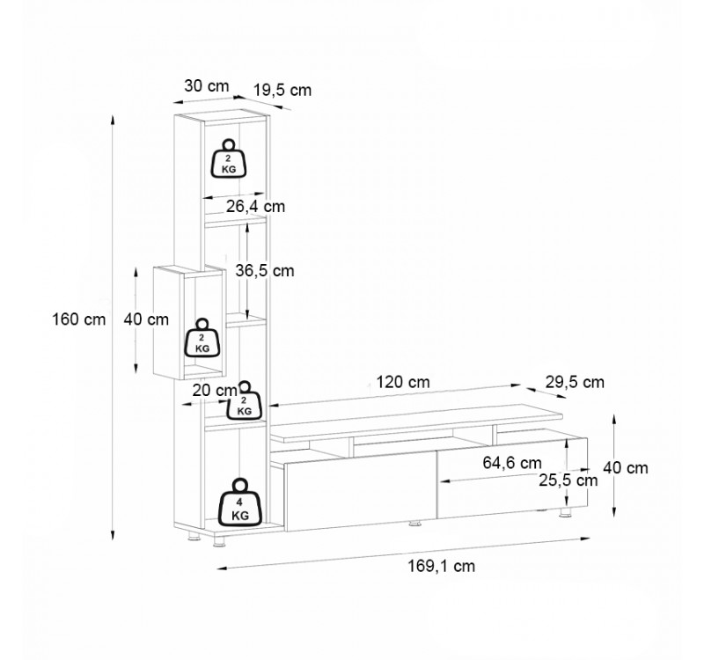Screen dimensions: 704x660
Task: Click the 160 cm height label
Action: click(x=79, y=319)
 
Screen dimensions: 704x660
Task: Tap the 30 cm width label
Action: click(x=207, y=85)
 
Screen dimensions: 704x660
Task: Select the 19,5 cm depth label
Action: click(x=282, y=91)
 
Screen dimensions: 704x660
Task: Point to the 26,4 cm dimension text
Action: click(x=255, y=207)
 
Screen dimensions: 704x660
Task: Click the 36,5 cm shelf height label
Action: click(x=265, y=271)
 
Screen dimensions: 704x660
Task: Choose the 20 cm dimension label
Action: click(x=214, y=390)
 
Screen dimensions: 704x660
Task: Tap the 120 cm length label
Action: click(x=403, y=382)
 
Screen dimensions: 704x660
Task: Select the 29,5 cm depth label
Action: click(x=575, y=382)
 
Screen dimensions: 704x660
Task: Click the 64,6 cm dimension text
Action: click(x=512, y=463)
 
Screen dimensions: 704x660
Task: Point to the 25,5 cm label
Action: click(x=568, y=480)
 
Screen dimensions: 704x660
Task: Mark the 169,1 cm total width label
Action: click(x=441, y=566)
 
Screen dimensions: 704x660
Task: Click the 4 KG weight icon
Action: click(x=240, y=502)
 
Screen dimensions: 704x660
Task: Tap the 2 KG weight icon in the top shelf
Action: click(x=229, y=158)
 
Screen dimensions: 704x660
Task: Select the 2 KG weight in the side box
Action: click(x=202, y=338)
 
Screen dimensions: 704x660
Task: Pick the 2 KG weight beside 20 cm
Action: click(x=245, y=401)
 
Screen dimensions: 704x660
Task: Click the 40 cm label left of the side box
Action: click(x=146, y=319)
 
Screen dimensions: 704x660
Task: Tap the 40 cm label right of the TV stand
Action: click(x=626, y=468)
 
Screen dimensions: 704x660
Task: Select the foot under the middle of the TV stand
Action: click(x=414, y=523)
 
